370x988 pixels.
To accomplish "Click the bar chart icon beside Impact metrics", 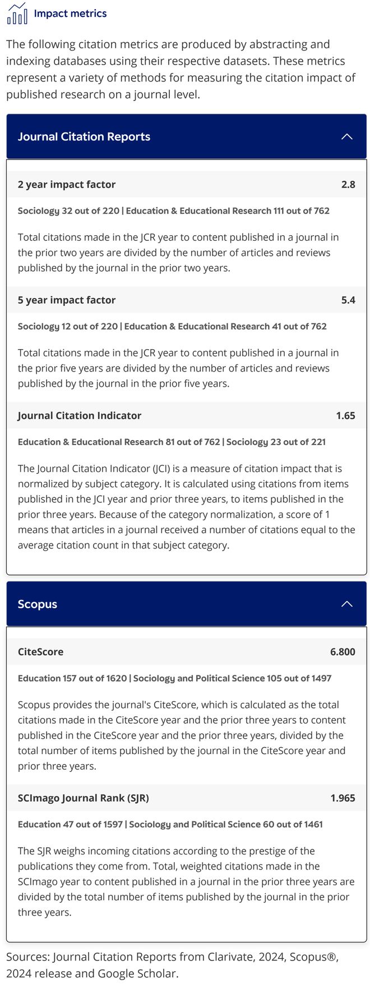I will [x=17, y=14].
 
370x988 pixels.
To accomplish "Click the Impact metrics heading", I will [x=70, y=13].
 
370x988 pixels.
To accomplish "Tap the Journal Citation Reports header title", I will [x=84, y=136].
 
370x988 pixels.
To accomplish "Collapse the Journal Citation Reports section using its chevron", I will [x=347, y=136].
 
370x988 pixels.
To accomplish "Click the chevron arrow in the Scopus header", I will [x=347, y=604].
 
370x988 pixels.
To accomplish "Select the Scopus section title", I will [x=38, y=604].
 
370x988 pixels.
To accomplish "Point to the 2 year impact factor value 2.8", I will [x=348, y=184].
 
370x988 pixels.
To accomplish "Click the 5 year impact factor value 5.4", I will [x=348, y=300].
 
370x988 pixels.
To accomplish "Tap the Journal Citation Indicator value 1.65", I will [x=345, y=415].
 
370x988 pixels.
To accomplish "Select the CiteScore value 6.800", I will [x=343, y=652].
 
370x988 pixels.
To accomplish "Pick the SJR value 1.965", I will [x=343, y=798].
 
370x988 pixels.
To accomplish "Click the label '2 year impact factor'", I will [x=67, y=184].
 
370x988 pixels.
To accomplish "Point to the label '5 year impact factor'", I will [x=67, y=300].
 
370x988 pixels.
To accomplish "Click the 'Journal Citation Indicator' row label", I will [x=80, y=415].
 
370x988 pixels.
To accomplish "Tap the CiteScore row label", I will [x=40, y=652].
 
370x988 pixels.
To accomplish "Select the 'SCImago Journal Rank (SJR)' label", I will [x=84, y=798].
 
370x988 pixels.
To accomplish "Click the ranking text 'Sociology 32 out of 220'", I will [x=68, y=211].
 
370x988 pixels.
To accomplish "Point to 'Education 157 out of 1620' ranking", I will [x=72, y=678].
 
